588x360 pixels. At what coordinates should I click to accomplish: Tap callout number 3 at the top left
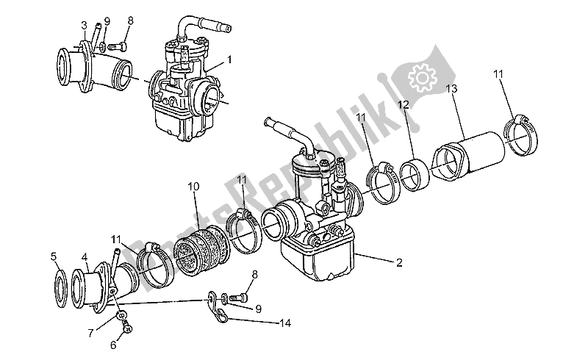(84, 26)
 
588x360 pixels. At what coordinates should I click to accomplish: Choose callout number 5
(54, 256)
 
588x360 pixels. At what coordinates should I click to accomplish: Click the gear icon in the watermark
(422, 76)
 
